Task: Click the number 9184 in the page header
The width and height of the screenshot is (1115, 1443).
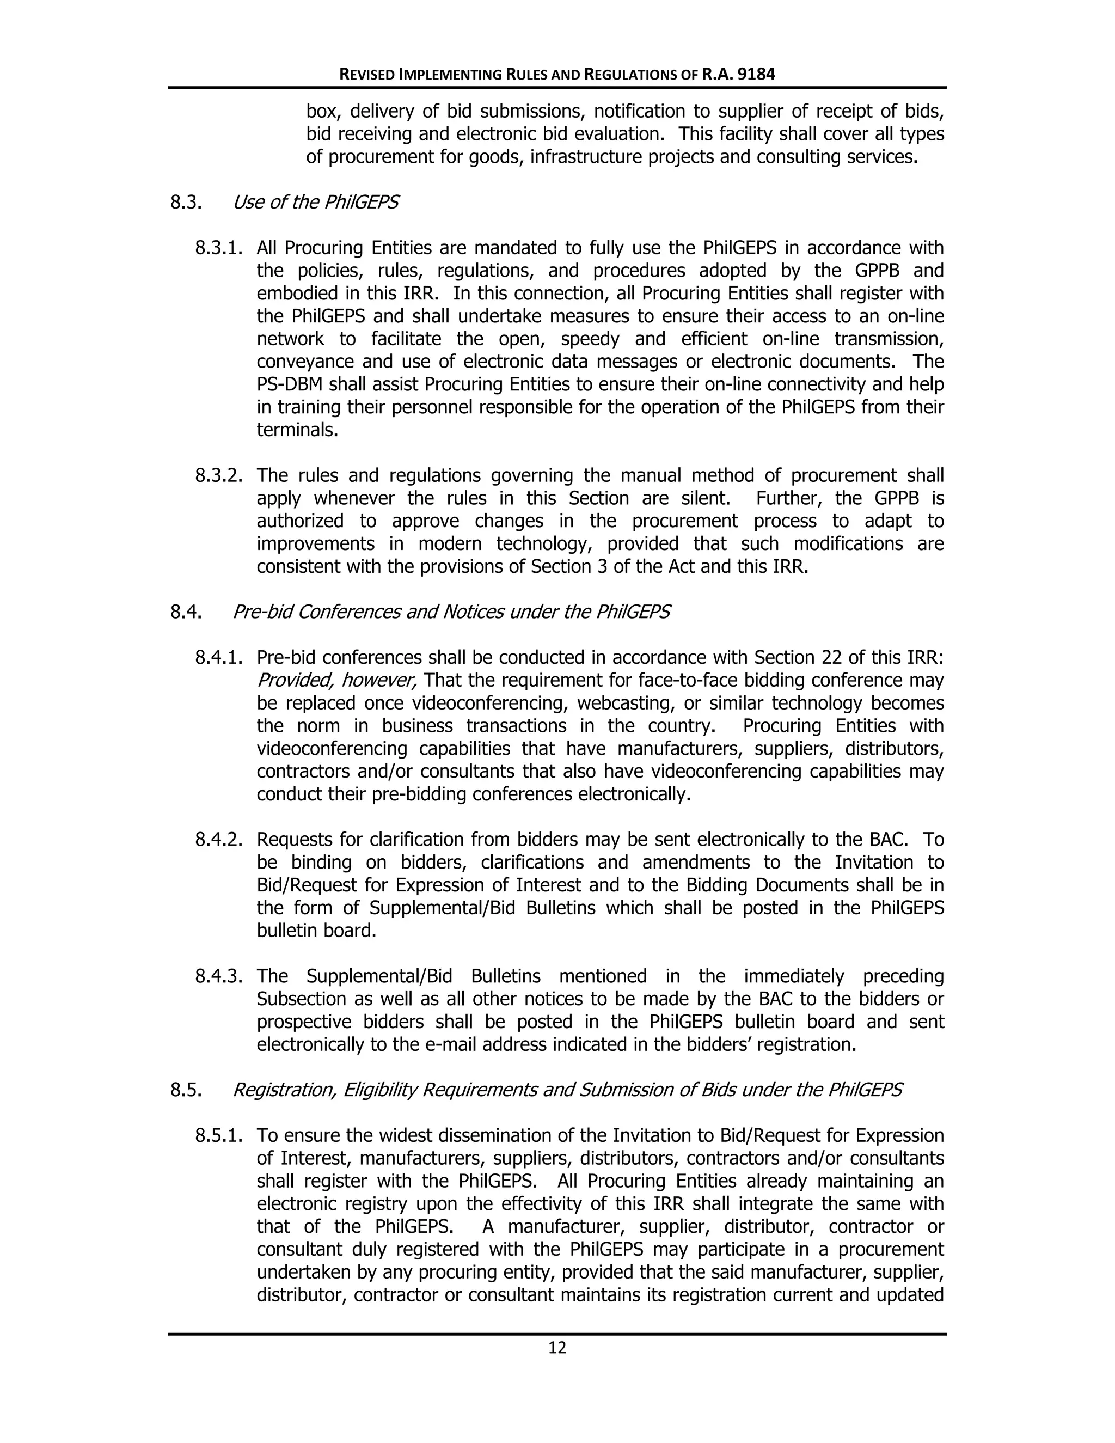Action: point(756,75)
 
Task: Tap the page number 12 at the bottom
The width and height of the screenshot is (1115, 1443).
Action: point(557,1348)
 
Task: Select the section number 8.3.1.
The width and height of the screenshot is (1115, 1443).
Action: point(219,248)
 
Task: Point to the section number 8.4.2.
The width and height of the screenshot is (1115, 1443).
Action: point(219,840)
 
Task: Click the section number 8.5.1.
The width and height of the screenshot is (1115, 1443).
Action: point(219,1136)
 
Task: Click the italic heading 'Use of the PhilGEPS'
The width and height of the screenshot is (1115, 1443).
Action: point(315,202)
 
